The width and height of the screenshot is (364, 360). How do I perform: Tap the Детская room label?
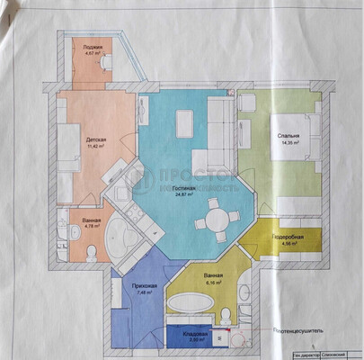[x=96, y=140]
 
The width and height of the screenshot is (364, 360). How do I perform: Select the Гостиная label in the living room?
[x=185, y=187]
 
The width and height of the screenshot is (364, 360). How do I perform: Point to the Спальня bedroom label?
[x=288, y=136]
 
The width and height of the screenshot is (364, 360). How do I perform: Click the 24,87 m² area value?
[x=185, y=194]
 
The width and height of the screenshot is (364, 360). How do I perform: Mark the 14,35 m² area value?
[x=288, y=143]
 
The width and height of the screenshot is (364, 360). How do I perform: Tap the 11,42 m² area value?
[x=96, y=147]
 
